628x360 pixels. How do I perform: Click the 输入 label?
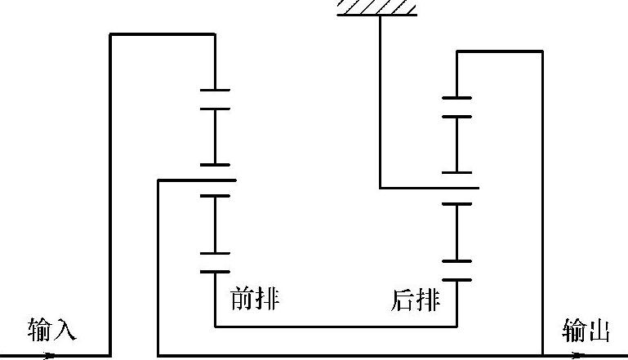coord(51,331)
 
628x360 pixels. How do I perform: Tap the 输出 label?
coord(586,331)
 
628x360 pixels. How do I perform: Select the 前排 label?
coord(256,300)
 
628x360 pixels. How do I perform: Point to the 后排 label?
coord(416,301)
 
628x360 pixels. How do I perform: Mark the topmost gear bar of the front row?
coord(215,89)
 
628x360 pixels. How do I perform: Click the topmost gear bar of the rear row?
coord(457,98)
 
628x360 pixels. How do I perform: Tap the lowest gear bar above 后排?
coord(457,280)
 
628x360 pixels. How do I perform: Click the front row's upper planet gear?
coord(215,136)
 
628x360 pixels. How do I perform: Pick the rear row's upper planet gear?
coord(457,144)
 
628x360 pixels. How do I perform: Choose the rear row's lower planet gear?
coord(457,233)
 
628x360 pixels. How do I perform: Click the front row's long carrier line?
coord(196,180)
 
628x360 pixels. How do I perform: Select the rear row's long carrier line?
coord(429,189)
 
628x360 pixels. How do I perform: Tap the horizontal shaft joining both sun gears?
coord(335,327)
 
